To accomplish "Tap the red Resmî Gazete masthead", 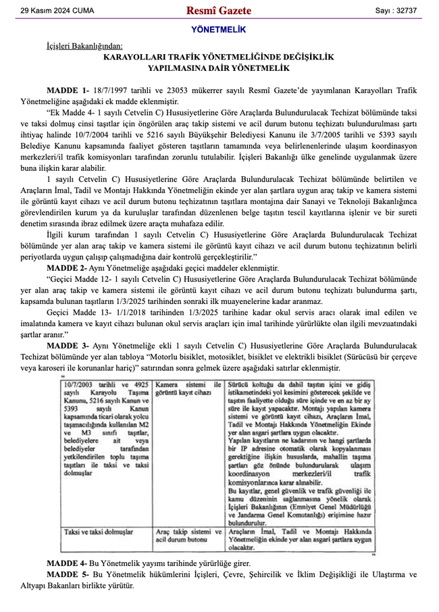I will point(219,11).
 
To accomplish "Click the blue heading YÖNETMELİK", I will point(219,30).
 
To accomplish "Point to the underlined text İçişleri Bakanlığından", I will point(84,46).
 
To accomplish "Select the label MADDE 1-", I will point(68,90).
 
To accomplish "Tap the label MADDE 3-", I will point(68,346).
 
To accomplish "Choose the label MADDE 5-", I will point(68,574).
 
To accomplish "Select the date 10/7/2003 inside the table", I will point(78,384).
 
